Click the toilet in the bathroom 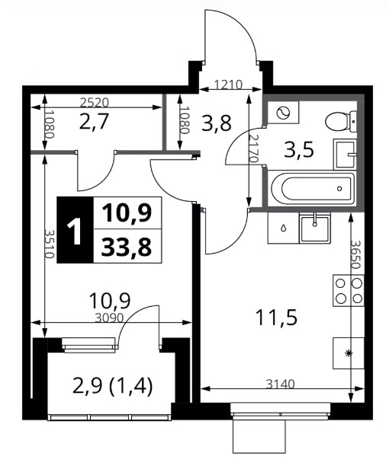pos(341,122)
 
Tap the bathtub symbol pos(311,189)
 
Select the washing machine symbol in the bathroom pos(283,113)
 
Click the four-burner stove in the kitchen pos(349,291)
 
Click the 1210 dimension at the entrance pos(228,85)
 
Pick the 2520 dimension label pos(95,103)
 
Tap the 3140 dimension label pos(281,384)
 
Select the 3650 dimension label pos(355,254)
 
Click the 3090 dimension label pos(109,318)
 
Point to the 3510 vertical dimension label pos(49,244)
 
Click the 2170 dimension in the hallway pos(253,149)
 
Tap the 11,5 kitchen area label pos(277,318)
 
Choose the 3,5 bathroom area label pos(299,150)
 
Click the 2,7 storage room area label pos(95,121)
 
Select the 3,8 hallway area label pos(217,123)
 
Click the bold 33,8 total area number pos(127,247)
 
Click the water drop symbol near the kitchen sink pos(284,228)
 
